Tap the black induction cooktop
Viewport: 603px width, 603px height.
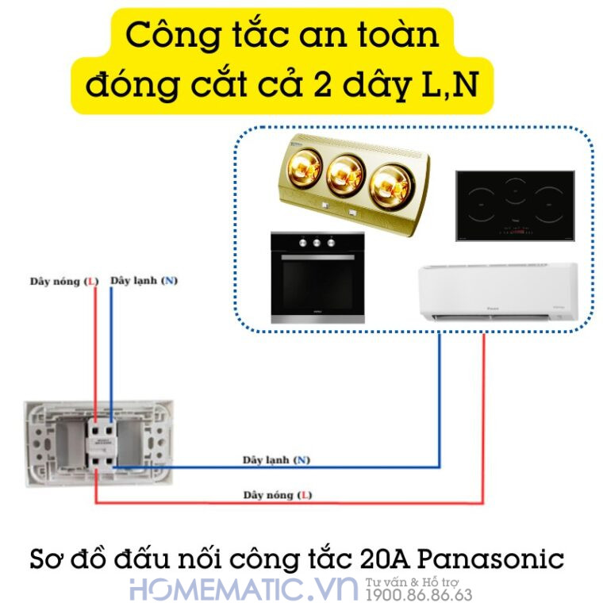click(x=514, y=205)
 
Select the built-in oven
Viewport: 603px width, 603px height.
click(x=317, y=278)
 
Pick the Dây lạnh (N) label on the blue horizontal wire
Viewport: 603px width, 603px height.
click(x=277, y=460)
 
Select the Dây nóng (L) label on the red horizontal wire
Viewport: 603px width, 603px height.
click(x=277, y=495)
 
